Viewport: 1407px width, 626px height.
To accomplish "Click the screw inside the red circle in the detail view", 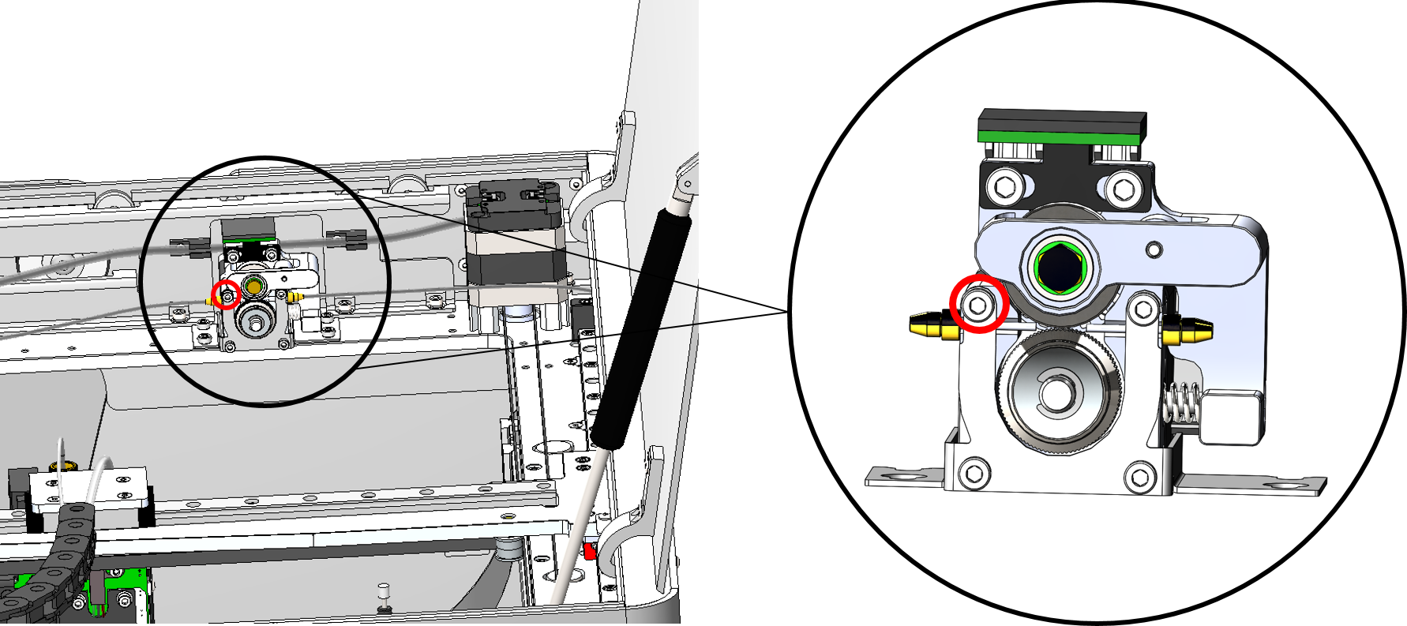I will [978, 306].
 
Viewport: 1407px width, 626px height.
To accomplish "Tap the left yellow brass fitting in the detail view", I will [930, 324].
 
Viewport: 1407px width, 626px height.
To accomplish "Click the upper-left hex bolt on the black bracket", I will [1005, 186].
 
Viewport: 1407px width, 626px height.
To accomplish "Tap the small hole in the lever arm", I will [1154, 250].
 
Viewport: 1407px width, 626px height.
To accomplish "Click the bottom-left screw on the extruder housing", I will [975, 474].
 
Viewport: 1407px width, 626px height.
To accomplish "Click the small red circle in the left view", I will [227, 294].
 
